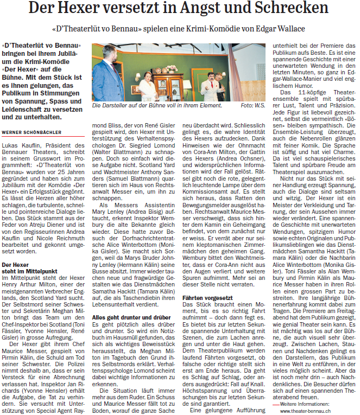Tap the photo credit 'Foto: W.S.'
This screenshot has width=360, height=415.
(254, 106)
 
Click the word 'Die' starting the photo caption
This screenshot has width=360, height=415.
(96, 106)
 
